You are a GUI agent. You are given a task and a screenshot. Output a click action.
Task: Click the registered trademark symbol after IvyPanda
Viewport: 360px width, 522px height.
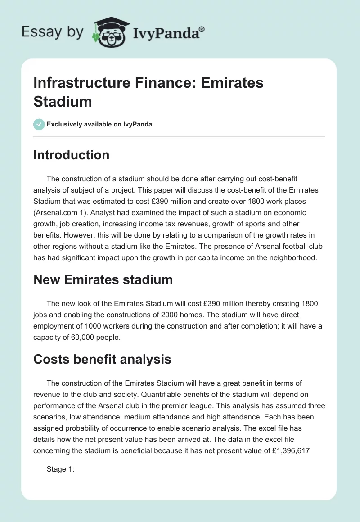click(202, 29)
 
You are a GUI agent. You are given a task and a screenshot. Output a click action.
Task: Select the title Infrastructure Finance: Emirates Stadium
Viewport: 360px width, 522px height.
click(148, 92)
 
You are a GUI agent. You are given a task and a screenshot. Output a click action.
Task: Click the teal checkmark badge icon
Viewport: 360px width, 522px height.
click(39, 124)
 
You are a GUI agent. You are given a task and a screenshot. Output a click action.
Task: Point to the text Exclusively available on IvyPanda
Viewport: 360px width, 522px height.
click(99, 125)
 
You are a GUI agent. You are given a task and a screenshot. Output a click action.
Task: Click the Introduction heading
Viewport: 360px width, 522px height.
click(72, 155)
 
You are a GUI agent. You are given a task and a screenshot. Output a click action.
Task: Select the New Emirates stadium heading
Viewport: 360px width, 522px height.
click(103, 279)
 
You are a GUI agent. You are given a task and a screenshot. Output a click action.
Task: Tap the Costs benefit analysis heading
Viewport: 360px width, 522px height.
click(102, 359)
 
